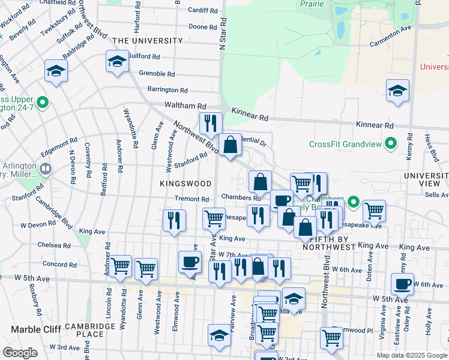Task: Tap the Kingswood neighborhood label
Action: pos(185,183)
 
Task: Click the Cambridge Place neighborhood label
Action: pos(90,330)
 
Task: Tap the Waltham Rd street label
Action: pos(185,105)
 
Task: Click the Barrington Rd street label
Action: pos(167,90)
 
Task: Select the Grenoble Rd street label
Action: pos(156,74)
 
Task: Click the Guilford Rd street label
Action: pos(144,56)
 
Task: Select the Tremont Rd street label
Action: pos(191,199)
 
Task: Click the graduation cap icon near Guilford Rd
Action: pos(116,61)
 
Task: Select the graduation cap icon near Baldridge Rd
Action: pos(56,71)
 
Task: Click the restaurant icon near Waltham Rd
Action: pos(210,123)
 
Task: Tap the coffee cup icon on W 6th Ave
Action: pos(402,283)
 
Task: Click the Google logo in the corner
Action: pos(20,353)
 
